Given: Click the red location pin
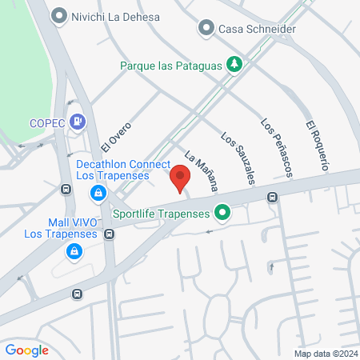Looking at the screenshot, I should point(180,178).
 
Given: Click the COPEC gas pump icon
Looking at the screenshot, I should point(77,122).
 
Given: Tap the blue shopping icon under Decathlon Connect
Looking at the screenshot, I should point(97,194).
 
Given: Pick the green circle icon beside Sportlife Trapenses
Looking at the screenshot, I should point(223,214).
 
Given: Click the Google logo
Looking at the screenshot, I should point(27,350).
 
